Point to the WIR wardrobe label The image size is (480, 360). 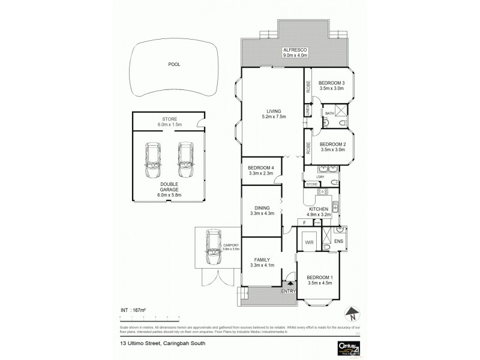[310, 242]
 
